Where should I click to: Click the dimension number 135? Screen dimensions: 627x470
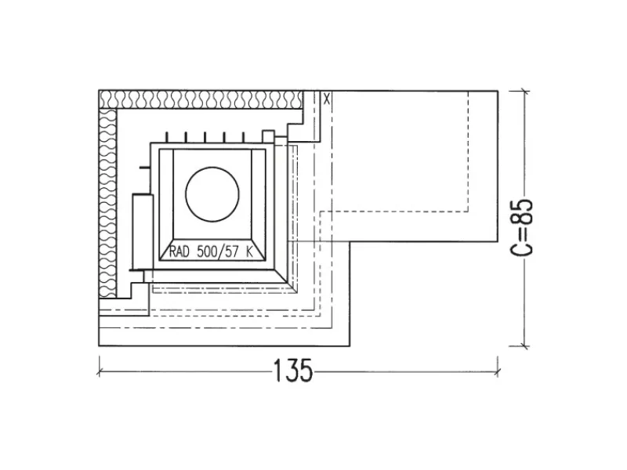click(x=292, y=370)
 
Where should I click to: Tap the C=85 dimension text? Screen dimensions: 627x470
click(x=522, y=227)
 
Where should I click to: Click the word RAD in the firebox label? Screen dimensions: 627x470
click(x=179, y=251)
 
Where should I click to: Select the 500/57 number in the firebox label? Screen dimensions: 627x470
click(x=218, y=251)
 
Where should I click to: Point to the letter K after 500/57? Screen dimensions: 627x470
click(x=249, y=251)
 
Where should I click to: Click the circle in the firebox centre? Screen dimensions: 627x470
click(x=212, y=194)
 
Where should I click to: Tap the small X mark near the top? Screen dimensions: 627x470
click(x=327, y=99)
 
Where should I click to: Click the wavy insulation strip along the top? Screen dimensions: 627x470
click(x=201, y=99)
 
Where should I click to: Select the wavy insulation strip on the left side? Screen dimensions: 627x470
click(x=107, y=203)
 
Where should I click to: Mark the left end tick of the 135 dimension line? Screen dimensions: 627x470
click(x=99, y=372)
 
